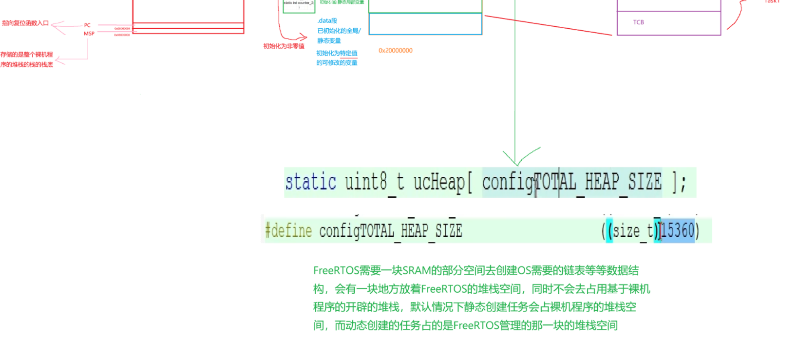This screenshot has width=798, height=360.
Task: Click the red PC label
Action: click(87, 25)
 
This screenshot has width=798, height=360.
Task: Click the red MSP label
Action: click(89, 34)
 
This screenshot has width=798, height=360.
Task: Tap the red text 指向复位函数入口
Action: click(25, 23)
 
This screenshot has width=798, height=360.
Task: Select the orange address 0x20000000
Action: click(396, 51)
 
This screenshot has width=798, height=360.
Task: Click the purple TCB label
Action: click(639, 22)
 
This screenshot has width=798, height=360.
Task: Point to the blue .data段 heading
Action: click(327, 21)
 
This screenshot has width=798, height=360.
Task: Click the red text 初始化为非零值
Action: click(284, 46)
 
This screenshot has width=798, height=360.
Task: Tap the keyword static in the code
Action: click(310, 182)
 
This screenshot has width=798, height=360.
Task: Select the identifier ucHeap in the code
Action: click(439, 182)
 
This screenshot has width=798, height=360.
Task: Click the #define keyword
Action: click(288, 230)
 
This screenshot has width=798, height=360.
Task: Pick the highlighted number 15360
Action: click(677, 230)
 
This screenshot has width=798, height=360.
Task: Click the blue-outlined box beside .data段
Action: click(425, 24)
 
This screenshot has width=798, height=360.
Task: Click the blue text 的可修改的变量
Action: click(337, 63)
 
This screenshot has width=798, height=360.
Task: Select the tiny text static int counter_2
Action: click(299, 3)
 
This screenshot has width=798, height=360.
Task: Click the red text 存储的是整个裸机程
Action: click(27, 55)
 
